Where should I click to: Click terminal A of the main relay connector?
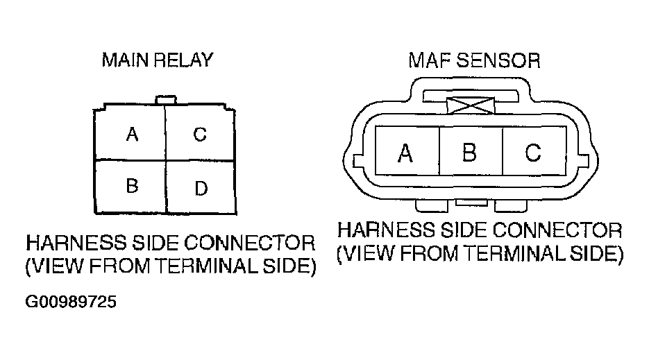click(131, 134)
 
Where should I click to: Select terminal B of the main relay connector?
click(131, 185)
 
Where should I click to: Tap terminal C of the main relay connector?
click(199, 134)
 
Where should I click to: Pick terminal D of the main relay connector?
click(201, 188)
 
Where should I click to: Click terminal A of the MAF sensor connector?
click(405, 153)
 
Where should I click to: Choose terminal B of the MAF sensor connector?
click(469, 153)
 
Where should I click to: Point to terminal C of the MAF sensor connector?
click(532, 153)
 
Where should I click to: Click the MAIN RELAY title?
click(158, 60)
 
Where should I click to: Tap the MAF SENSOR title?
click(473, 60)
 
